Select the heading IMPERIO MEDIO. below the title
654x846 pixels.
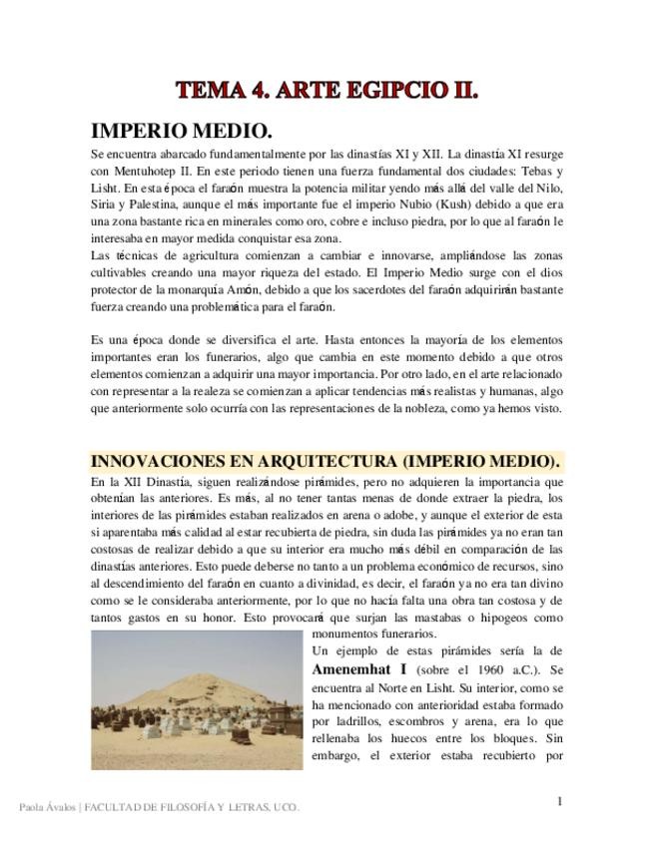[182, 131]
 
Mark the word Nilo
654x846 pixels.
[548, 188]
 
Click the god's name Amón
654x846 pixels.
[256, 289]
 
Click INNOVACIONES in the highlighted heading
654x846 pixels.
[165, 461]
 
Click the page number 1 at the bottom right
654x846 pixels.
[560, 801]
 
